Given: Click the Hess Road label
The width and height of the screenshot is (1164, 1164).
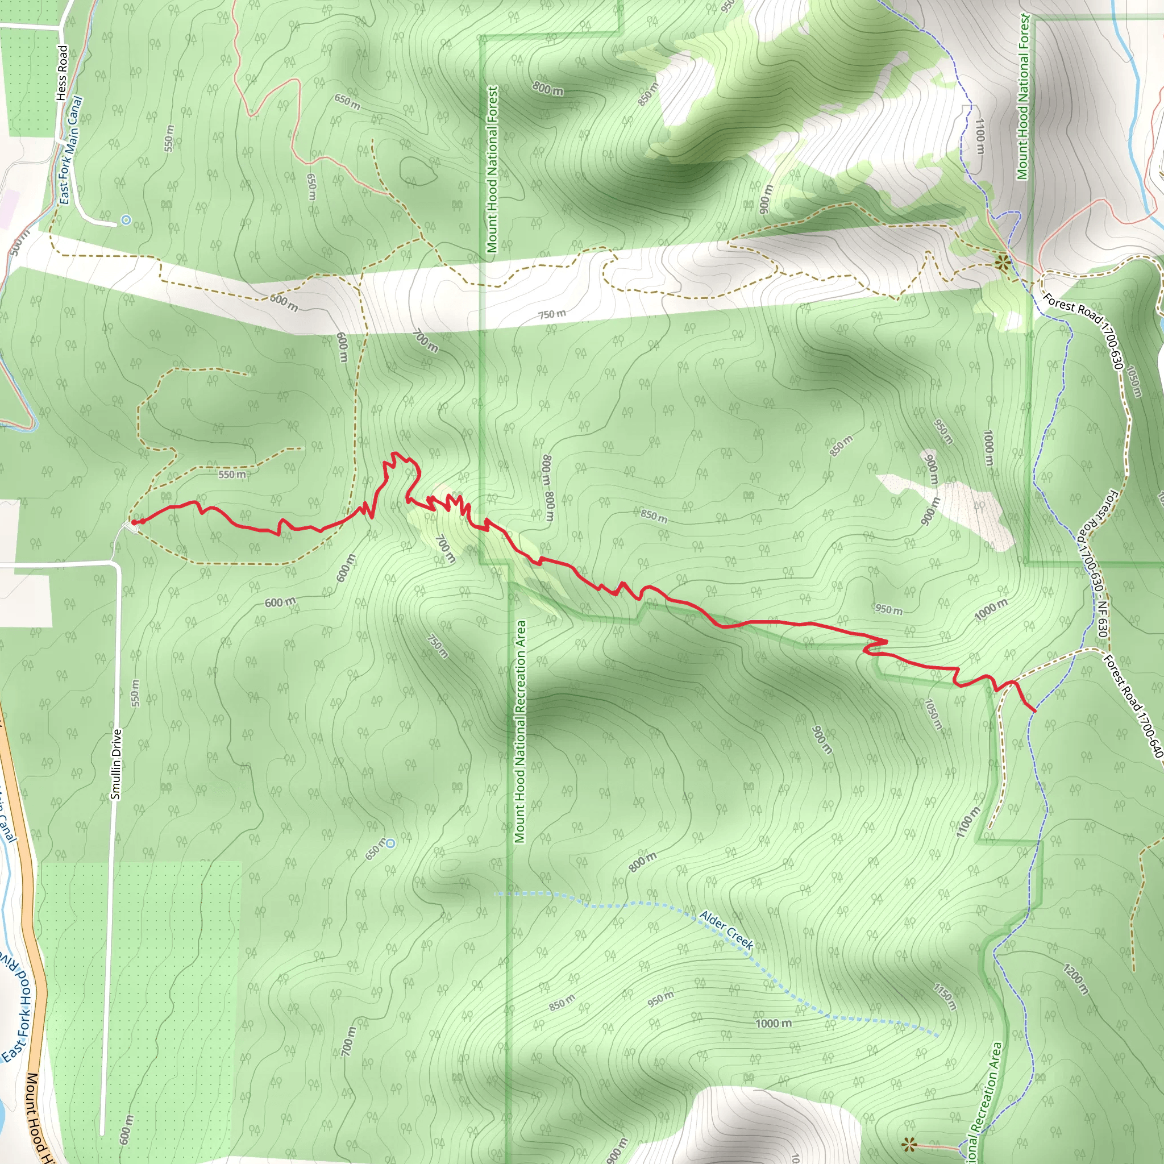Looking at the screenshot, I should click(62, 72).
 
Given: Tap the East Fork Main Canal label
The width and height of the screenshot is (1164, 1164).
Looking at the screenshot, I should click(70, 151).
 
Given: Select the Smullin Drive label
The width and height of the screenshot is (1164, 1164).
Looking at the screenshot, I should click(116, 764).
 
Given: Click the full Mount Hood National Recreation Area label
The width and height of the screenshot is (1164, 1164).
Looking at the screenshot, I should click(520, 731).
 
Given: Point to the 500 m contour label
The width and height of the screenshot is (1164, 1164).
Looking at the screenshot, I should click(19, 241).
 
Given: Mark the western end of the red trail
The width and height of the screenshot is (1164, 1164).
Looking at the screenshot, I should click(134, 522).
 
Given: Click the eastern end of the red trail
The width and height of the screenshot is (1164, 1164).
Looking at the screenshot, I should click(1034, 711).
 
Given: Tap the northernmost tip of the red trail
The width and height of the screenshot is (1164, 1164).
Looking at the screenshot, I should click(394, 452).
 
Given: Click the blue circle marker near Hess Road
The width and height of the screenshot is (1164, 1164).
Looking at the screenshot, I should click(125, 221).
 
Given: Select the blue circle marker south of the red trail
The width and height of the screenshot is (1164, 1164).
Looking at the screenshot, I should click(390, 843).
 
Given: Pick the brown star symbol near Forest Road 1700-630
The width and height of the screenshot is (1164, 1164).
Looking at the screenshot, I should click(1002, 262).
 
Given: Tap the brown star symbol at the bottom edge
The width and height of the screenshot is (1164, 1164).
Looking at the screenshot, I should click(909, 1143).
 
